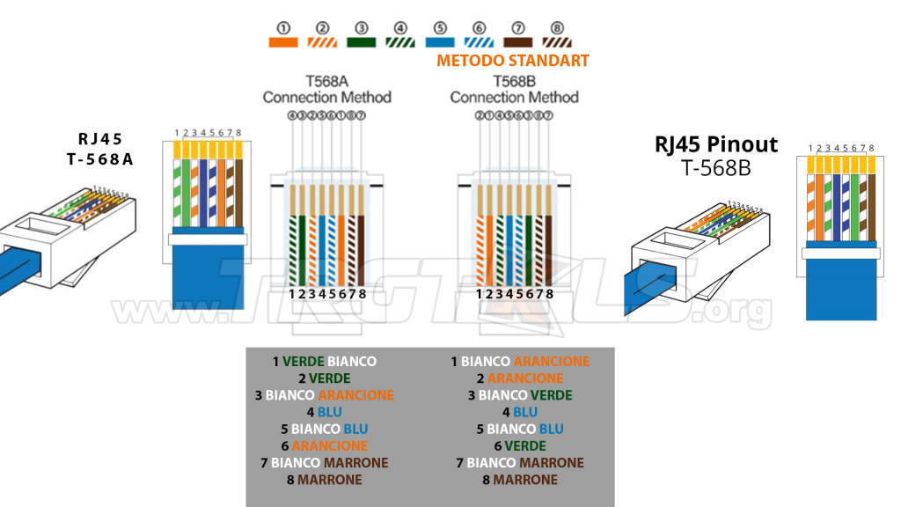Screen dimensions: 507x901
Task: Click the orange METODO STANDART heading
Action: pos(512,61)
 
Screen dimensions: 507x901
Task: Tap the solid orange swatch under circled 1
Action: pos(283,41)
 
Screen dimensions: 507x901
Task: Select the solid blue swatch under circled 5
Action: pos(440,41)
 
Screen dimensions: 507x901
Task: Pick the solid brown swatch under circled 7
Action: pos(518,41)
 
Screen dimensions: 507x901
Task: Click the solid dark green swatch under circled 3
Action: pos(362,41)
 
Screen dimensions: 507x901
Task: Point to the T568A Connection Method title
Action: pos(326,89)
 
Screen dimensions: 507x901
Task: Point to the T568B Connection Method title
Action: pos(514,89)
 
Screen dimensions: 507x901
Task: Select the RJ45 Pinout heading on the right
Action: pos(716,145)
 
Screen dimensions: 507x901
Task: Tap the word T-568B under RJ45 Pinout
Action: pos(715,168)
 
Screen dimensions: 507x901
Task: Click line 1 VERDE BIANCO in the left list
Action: pos(325,362)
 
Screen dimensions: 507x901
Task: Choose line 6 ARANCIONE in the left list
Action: pos(325,446)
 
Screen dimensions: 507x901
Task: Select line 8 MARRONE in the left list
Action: pos(325,480)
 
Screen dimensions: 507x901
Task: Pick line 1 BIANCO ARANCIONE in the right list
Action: pos(520,362)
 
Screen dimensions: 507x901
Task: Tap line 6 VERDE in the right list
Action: pos(520,446)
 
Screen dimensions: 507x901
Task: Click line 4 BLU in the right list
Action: pos(520,412)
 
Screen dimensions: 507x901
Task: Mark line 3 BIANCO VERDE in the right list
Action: pos(520,395)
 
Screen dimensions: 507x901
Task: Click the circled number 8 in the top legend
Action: pos(558,27)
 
